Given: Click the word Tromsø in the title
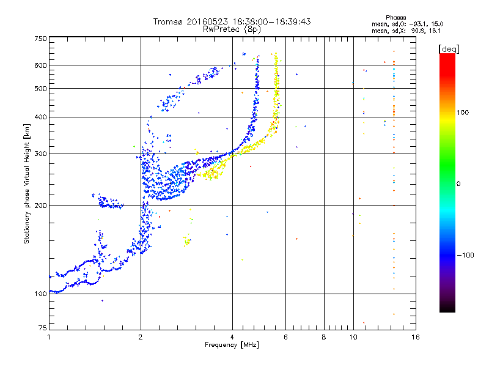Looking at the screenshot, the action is coord(169,21).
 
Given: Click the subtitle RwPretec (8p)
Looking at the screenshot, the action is coord(232,29).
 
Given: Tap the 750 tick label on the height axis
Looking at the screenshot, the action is coord(41,39).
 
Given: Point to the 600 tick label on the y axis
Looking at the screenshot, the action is coord(41,65).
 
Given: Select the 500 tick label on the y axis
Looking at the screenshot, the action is coord(41,89).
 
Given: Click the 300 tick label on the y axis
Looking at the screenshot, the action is coord(41,154).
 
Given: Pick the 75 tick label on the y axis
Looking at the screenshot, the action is coord(43,328).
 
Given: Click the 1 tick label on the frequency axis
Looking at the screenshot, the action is coord(49,337).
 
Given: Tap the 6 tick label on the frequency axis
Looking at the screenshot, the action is coord(285,337).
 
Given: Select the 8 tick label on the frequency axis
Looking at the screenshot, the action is coord(324,337).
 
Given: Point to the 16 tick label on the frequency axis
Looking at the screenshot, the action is coord(416,337).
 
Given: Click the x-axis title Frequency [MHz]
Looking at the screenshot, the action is coord(232,345).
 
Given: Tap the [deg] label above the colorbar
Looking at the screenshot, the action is coord(449,49).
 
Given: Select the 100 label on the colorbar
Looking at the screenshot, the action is coord(463,113).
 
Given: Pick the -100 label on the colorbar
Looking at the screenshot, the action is coord(465,255).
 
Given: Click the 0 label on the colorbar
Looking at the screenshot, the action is coord(458,184).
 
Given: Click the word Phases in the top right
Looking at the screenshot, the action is coord(395,18).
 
